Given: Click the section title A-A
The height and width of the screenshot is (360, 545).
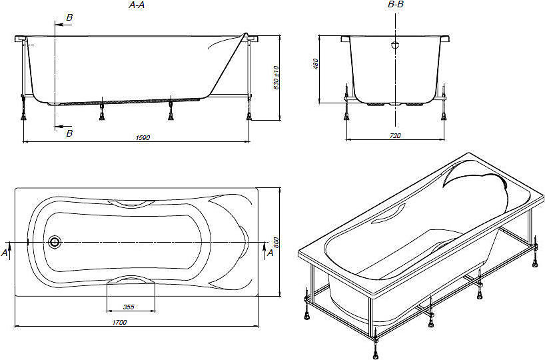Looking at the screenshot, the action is [x=136, y=5].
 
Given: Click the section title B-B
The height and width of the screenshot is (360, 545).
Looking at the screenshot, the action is [x=396, y=5].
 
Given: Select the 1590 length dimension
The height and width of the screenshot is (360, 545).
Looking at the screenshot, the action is [x=143, y=137].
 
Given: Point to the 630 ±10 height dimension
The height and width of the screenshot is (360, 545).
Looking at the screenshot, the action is [x=276, y=77].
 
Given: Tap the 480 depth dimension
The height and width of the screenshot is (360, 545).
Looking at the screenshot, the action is [x=316, y=64].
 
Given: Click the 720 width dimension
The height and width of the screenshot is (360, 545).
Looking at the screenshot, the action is [x=395, y=135].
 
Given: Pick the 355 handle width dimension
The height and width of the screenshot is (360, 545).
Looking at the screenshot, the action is [x=129, y=307].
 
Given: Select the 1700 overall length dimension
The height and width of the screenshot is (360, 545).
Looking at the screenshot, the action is [x=119, y=322].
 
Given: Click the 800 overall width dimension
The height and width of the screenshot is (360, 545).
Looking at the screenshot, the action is [x=276, y=243].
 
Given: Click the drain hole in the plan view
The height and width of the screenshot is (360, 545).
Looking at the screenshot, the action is [x=54, y=242].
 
